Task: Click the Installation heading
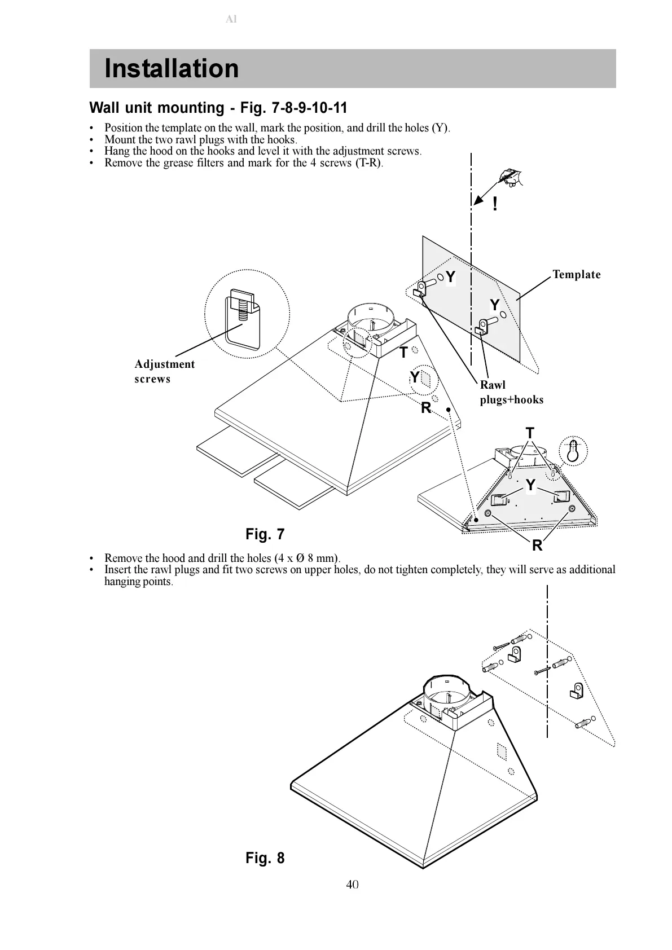tap(172, 69)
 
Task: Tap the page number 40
tap(352, 884)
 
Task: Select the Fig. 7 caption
tap(265, 534)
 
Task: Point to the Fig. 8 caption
tap(265, 858)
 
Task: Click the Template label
tap(576, 275)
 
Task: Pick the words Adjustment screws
tap(164, 371)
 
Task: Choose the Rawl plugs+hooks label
tap(511, 393)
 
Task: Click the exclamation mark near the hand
tap(495, 204)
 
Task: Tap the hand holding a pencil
tap(511, 177)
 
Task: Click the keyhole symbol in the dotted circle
tap(573, 451)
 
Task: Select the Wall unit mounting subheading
tap(218, 108)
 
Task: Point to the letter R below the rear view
tap(537, 546)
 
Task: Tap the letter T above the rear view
tap(530, 433)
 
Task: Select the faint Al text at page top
tap(231, 19)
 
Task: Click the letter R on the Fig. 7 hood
tap(426, 408)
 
